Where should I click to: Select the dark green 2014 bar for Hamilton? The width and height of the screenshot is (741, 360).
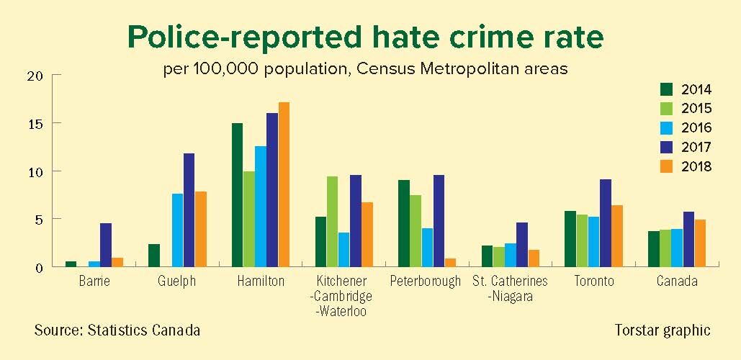click(x=237, y=194)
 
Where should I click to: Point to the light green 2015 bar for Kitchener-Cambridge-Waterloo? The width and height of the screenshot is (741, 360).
click(x=332, y=221)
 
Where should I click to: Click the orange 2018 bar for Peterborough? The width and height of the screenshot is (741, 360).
click(x=451, y=262)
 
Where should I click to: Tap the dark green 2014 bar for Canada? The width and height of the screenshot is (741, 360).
click(x=654, y=248)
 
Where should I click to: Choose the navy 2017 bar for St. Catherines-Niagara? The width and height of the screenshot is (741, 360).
click(x=521, y=245)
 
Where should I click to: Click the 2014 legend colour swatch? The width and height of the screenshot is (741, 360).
click(x=667, y=90)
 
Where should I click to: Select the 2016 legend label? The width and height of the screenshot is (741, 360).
click(x=696, y=128)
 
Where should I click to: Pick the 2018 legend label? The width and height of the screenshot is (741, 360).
click(x=696, y=166)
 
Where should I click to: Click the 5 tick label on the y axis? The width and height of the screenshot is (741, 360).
click(x=40, y=219)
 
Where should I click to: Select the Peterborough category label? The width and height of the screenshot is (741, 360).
click(x=424, y=282)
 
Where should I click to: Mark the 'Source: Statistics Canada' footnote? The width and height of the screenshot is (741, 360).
click(x=117, y=330)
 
